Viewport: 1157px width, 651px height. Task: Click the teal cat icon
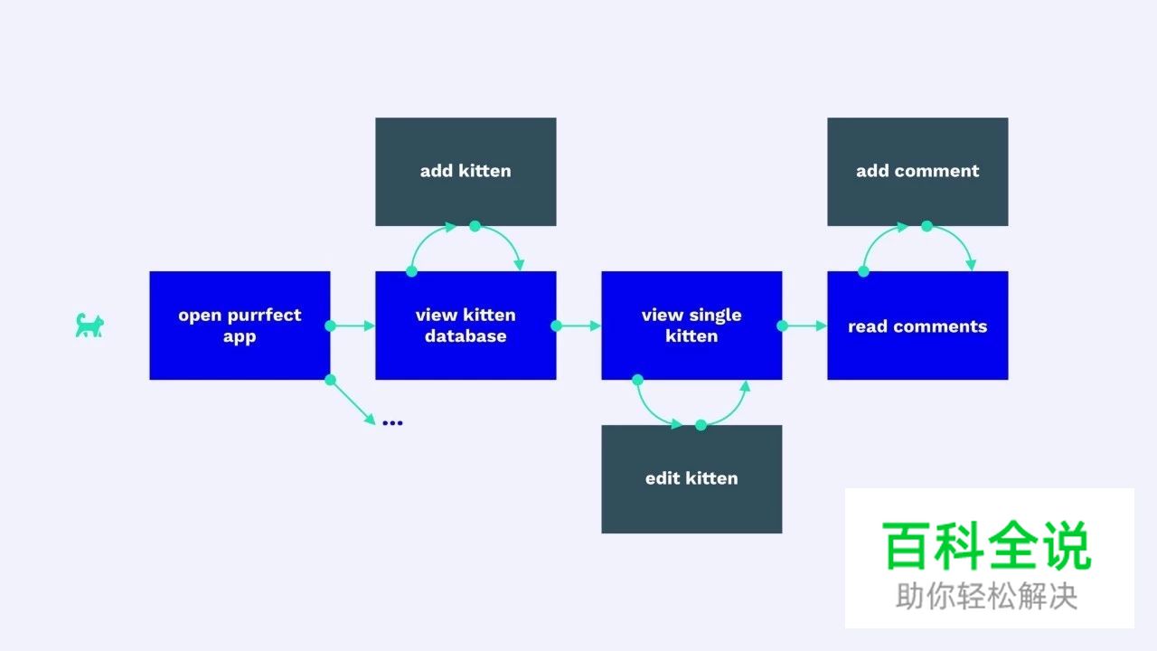[x=89, y=325]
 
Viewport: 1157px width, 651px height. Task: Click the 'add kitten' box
[x=466, y=171]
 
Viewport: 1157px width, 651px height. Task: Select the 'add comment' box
[x=917, y=171]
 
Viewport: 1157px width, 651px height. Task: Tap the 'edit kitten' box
[x=691, y=478]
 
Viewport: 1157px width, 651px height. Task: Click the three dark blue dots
[x=392, y=422]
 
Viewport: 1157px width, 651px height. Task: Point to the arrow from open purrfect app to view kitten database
[x=353, y=325]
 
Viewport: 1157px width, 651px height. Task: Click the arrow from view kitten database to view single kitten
[x=579, y=325]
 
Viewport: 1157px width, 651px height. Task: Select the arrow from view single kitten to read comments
[x=805, y=325]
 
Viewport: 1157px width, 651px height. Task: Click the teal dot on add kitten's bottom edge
[x=475, y=226]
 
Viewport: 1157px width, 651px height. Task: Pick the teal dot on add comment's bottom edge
[x=927, y=226]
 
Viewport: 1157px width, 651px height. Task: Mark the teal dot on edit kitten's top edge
[x=701, y=425]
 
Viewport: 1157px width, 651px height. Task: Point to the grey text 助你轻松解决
[x=987, y=596]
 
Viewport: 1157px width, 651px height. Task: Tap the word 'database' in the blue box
[x=466, y=336]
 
